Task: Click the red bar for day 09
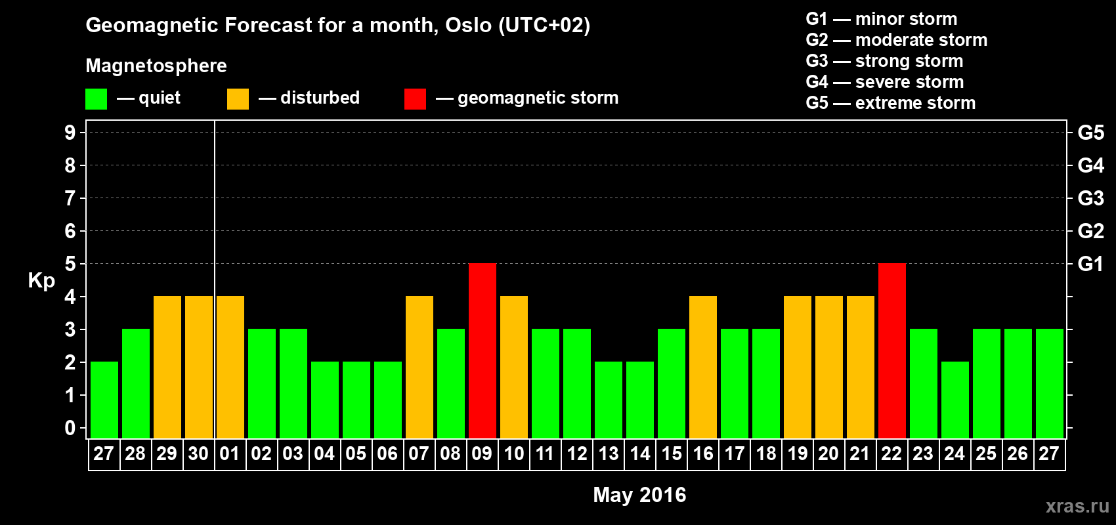[x=483, y=350]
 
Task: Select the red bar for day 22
[x=891, y=350]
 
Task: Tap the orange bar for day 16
[x=703, y=367]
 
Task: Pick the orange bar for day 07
[x=419, y=367]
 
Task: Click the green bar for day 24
[x=955, y=400]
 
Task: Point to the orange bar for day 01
[x=230, y=367]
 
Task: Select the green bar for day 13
[x=609, y=400]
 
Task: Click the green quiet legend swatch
[x=96, y=98]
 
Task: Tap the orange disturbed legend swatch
[x=238, y=98]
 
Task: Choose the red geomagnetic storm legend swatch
[x=415, y=98]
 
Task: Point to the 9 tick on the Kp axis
[x=70, y=133]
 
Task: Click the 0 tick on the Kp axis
[x=70, y=428]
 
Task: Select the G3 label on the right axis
[x=1091, y=198]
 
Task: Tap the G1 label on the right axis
[x=1091, y=264]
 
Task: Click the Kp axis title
[x=41, y=280]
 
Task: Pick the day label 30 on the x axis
[x=198, y=453]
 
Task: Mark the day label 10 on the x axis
[x=513, y=453]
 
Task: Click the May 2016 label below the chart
[x=639, y=495]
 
